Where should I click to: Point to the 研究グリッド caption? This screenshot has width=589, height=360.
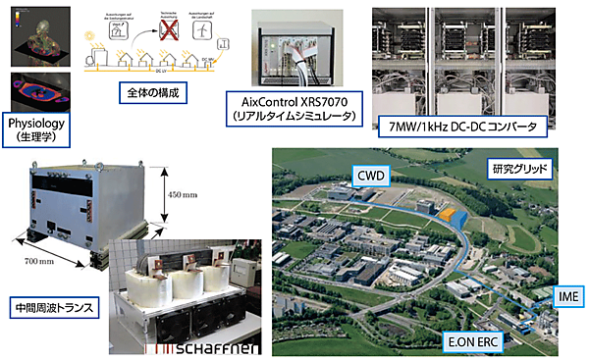526,168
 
